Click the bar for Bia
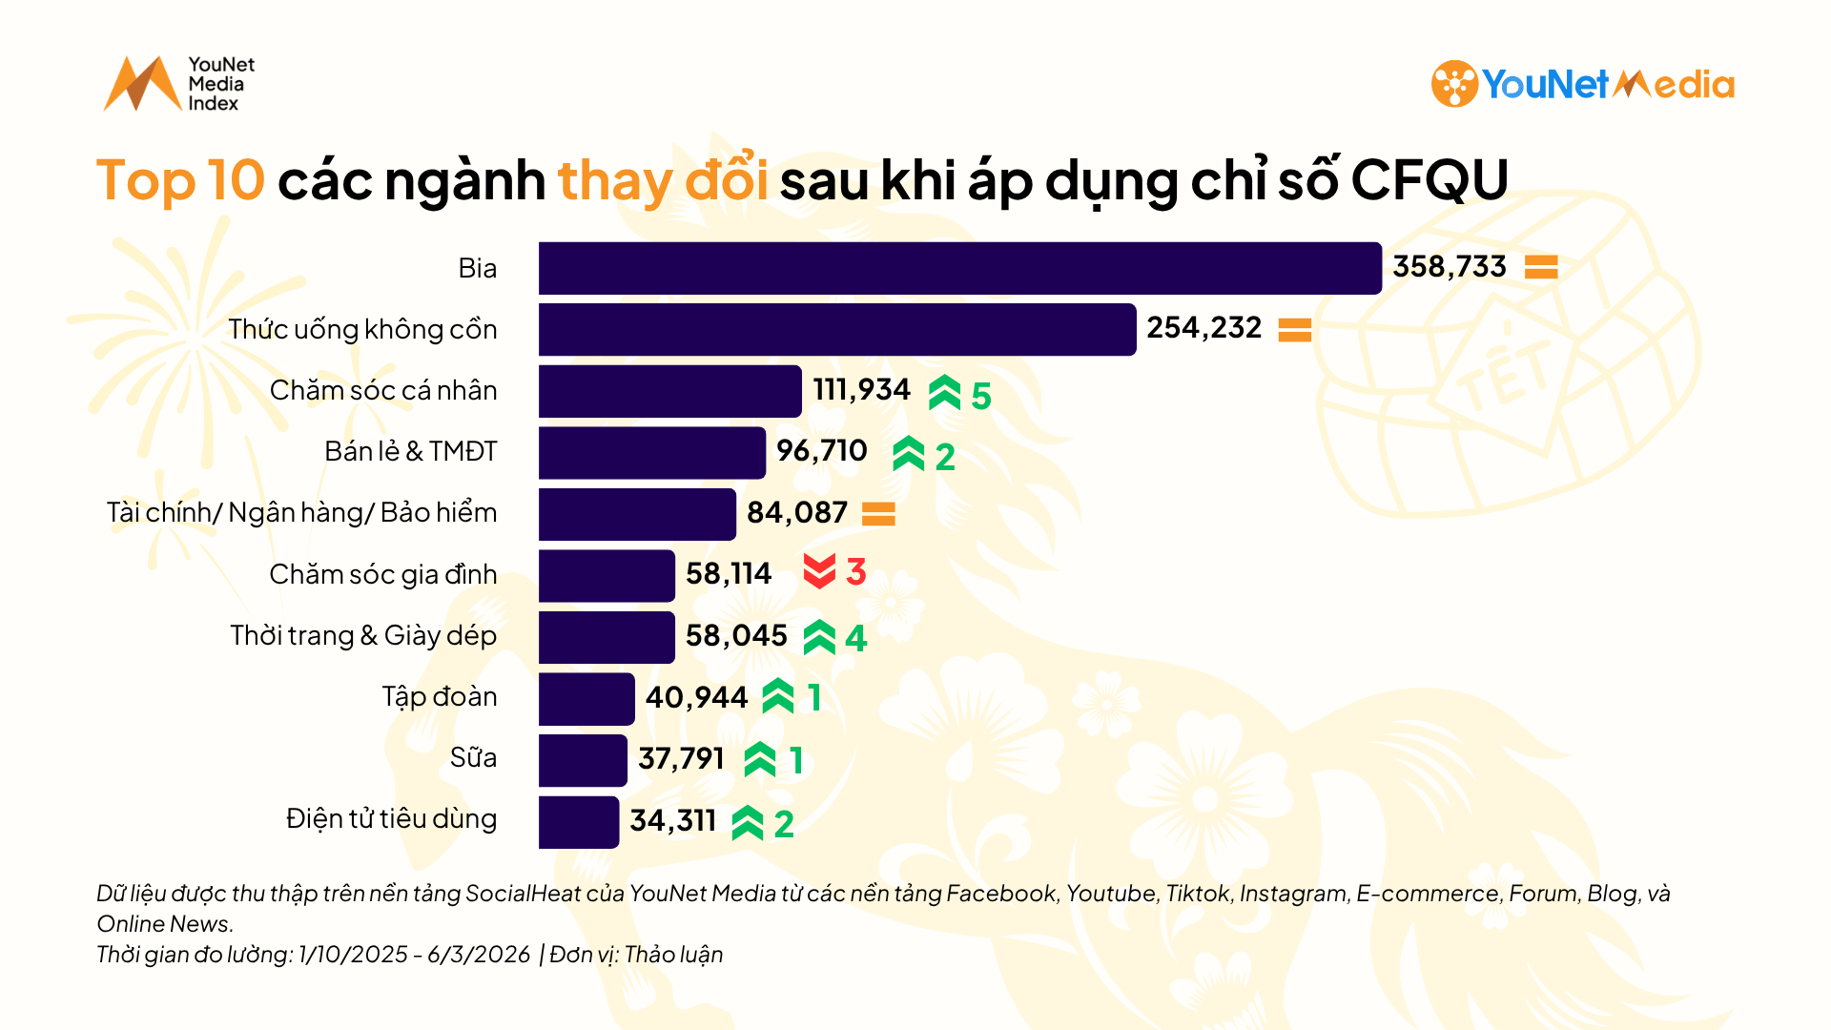(x=958, y=268)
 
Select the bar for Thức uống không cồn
(x=836, y=330)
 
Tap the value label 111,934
(x=861, y=390)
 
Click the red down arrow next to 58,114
(x=819, y=572)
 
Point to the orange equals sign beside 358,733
(x=1540, y=267)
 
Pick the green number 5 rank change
(x=981, y=396)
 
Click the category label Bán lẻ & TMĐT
(x=410, y=451)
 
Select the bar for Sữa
(x=583, y=760)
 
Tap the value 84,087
(x=796, y=513)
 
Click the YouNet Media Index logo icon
(x=142, y=84)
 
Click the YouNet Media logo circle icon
(x=1453, y=84)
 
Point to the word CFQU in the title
(x=1429, y=179)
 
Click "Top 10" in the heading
(x=180, y=179)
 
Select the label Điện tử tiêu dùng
(x=391, y=819)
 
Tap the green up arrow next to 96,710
(x=908, y=454)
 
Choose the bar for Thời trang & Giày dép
(x=606, y=637)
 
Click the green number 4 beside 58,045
(x=855, y=638)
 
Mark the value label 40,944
(x=696, y=698)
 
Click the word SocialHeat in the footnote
(x=523, y=894)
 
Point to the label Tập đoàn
(x=439, y=697)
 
